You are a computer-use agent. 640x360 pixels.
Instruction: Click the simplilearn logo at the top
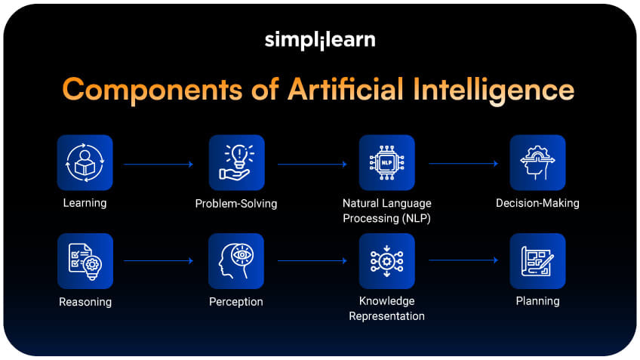(x=319, y=40)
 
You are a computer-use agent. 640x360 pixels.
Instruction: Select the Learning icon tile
(x=85, y=162)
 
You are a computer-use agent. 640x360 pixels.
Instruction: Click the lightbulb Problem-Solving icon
(x=236, y=162)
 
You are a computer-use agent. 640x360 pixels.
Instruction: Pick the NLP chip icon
(x=386, y=162)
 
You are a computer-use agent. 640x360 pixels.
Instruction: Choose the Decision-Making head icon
(x=537, y=162)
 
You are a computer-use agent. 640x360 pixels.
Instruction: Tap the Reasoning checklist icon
(x=85, y=261)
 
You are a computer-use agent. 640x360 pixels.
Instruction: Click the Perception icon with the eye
(x=236, y=261)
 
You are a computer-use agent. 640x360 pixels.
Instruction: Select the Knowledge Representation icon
(x=386, y=261)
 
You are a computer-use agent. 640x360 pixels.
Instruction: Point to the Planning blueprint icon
(x=537, y=261)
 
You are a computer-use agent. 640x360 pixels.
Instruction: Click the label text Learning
(x=85, y=203)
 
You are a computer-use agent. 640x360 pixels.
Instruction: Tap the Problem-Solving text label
(x=236, y=203)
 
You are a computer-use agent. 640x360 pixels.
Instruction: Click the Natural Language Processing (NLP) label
(x=386, y=211)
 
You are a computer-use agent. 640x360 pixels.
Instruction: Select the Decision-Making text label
(x=537, y=203)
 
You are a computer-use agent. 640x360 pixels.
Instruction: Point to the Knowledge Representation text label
(x=386, y=309)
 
